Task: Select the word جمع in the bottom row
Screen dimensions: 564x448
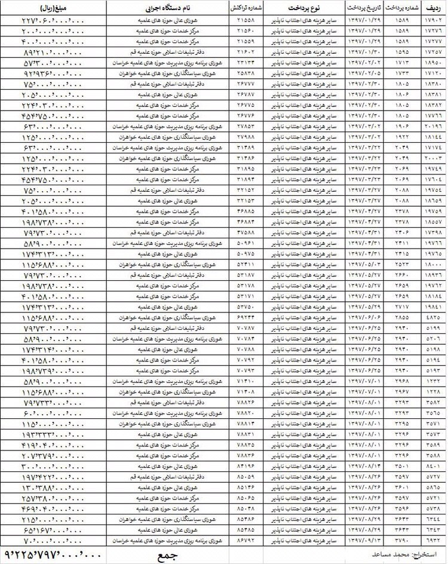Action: tap(164, 554)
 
